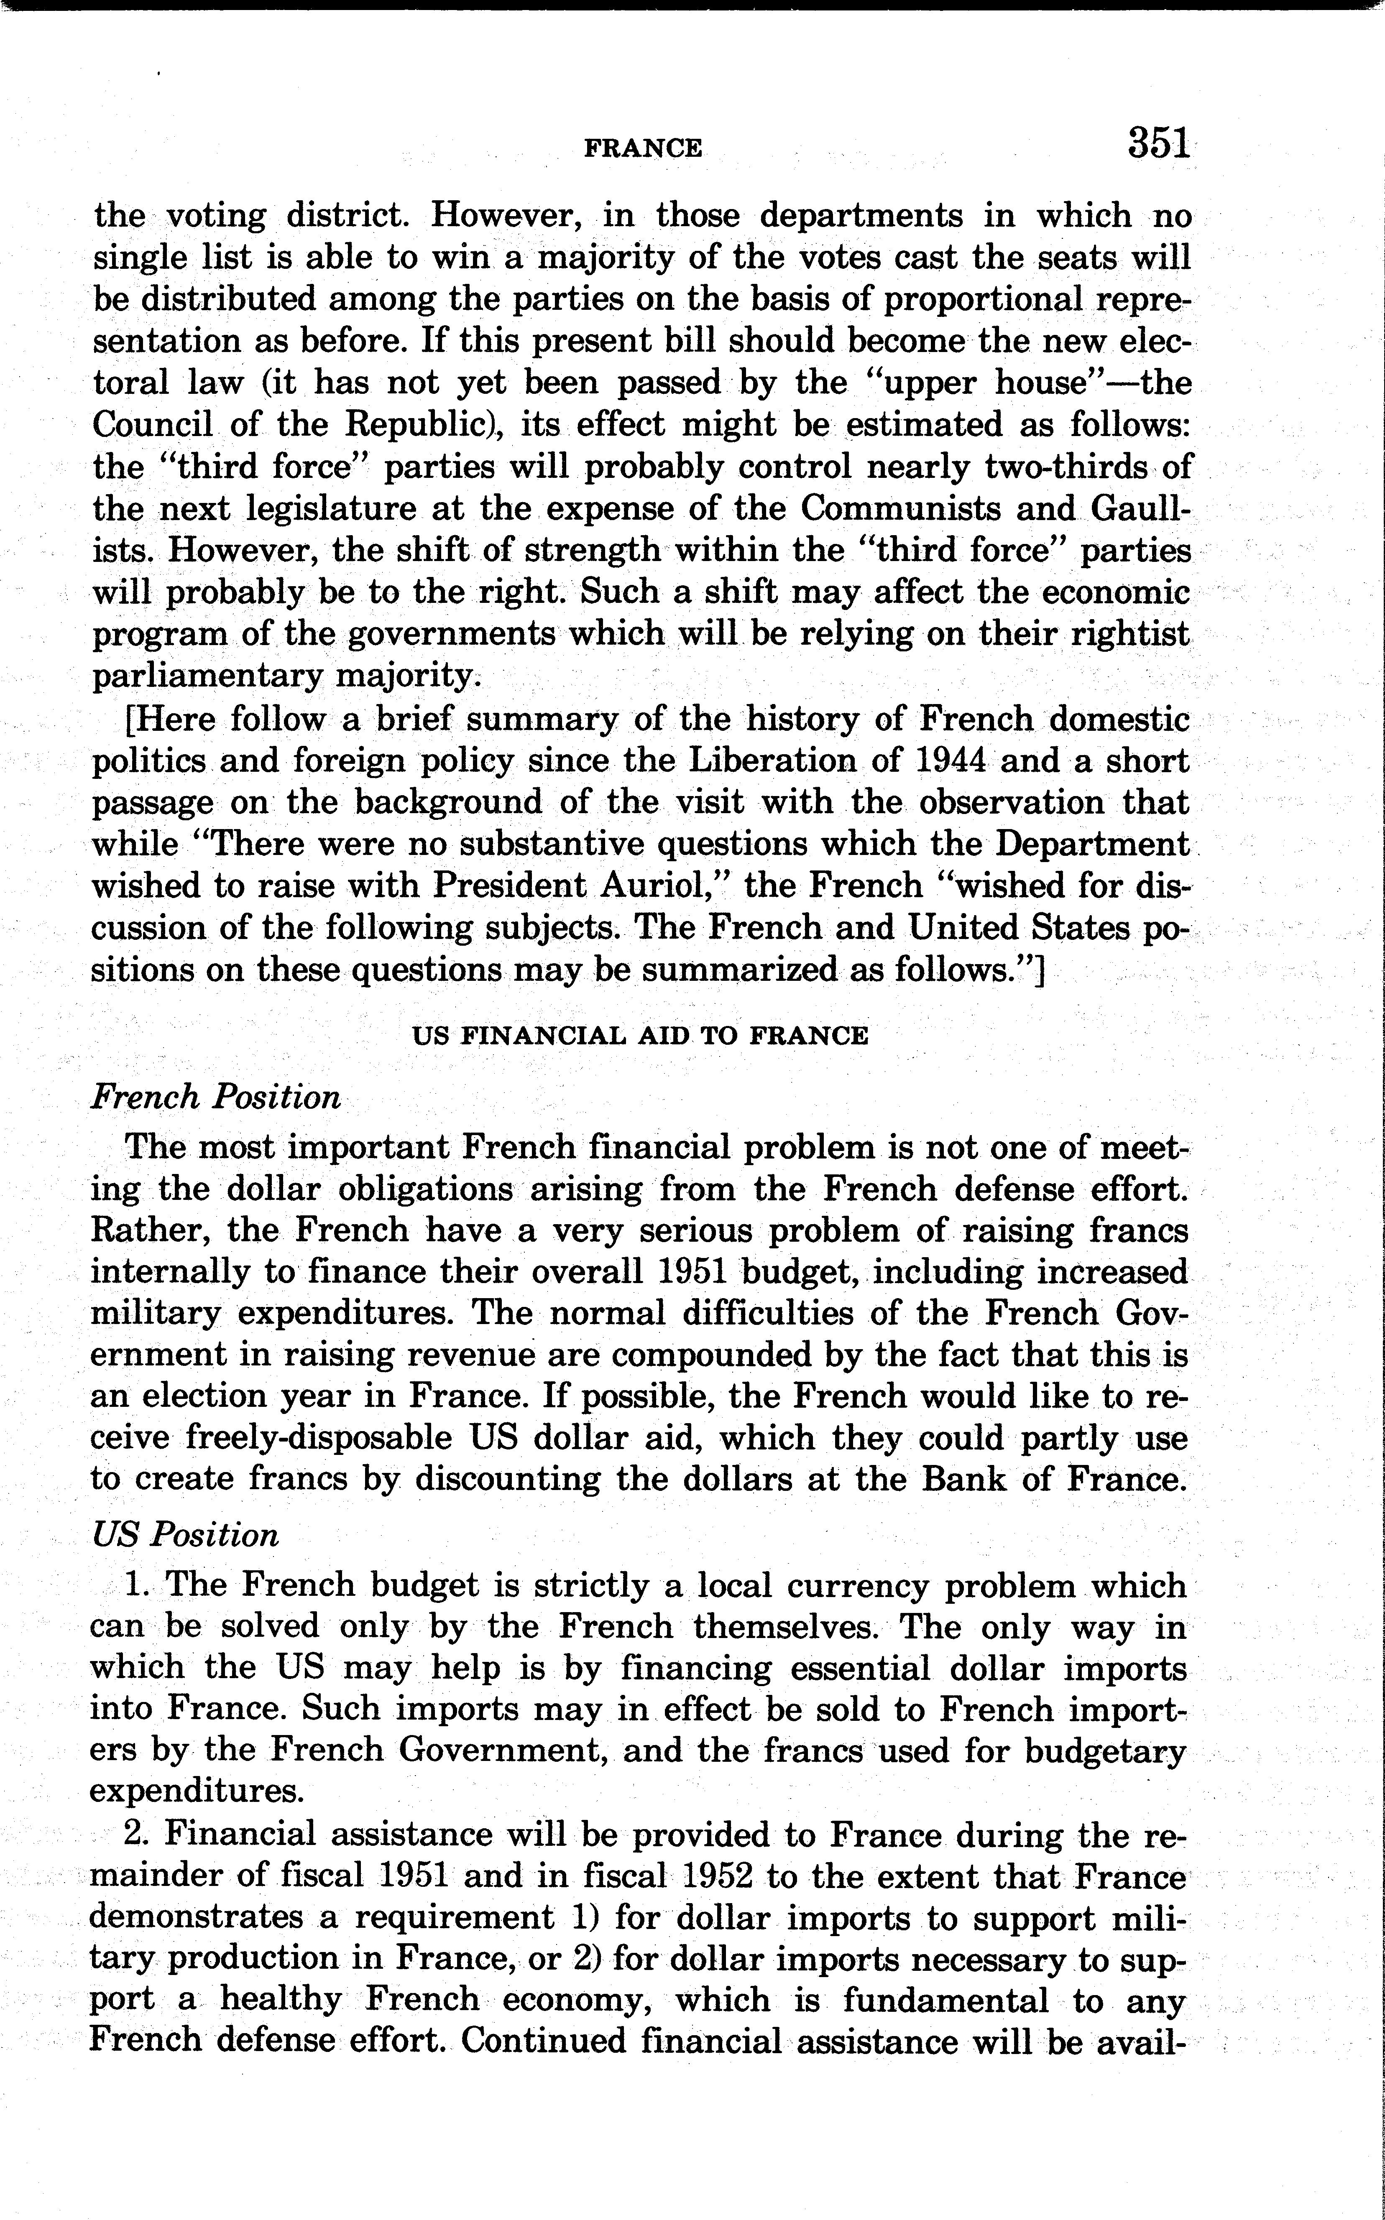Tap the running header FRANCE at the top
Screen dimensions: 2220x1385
pyautogui.click(x=643, y=148)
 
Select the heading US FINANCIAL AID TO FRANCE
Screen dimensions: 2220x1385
pyautogui.click(x=639, y=1036)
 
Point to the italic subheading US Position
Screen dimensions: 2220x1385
pyautogui.click(x=185, y=1535)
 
